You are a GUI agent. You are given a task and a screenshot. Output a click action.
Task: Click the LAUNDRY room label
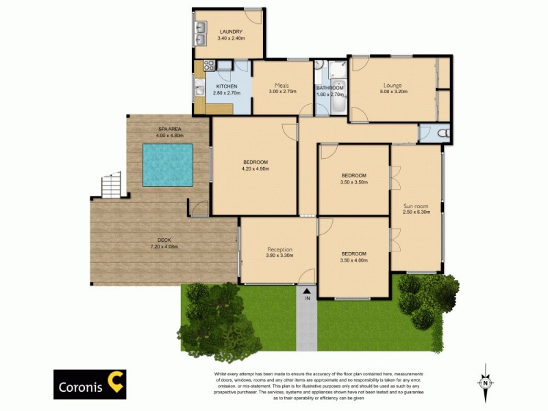pyautogui.click(x=231, y=32)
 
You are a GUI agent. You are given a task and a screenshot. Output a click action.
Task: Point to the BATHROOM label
pyautogui.click(x=329, y=88)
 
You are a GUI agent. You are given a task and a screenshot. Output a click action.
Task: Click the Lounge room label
pyautogui.click(x=392, y=86)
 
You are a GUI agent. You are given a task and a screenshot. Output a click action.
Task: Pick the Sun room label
pyautogui.click(x=416, y=205)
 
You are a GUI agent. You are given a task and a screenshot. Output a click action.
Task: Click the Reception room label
pyautogui.click(x=279, y=249)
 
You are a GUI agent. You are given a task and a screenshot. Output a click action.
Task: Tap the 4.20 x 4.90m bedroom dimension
pyautogui.click(x=255, y=169)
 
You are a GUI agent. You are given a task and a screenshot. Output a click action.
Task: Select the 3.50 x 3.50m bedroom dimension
pyautogui.click(x=354, y=182)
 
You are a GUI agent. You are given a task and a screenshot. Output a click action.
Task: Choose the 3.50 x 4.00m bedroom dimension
pyautogui.click(x=354, y=260)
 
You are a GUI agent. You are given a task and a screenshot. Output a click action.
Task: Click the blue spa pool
pyautogui.click(x=166, y=165)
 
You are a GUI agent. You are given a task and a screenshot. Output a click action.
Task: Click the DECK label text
pyautogui.click(x=164, y=240)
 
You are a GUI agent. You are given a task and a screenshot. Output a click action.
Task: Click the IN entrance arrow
pyautogui.click(x=307, y=292)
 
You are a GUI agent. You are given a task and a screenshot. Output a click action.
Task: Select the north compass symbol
pyautogui.click(x=485, y=382)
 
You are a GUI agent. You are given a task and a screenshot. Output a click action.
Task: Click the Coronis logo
pyautogui.click(x=90, y=385)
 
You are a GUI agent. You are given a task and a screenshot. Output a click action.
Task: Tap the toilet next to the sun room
pyautogui.click(x=441, y=133)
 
